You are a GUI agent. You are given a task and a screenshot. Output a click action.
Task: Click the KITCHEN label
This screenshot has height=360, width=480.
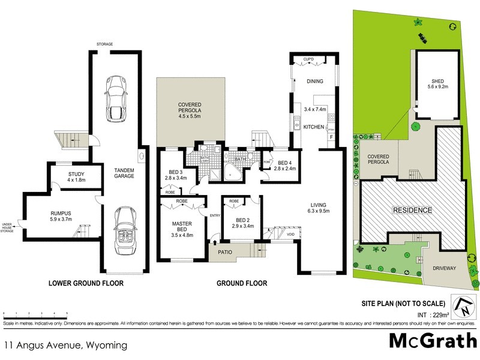(314, 127)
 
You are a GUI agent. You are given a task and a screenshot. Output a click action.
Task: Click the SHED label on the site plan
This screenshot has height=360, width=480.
(437, 82)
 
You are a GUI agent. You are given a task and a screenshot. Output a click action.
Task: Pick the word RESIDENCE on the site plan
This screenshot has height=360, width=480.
(412, 211)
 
